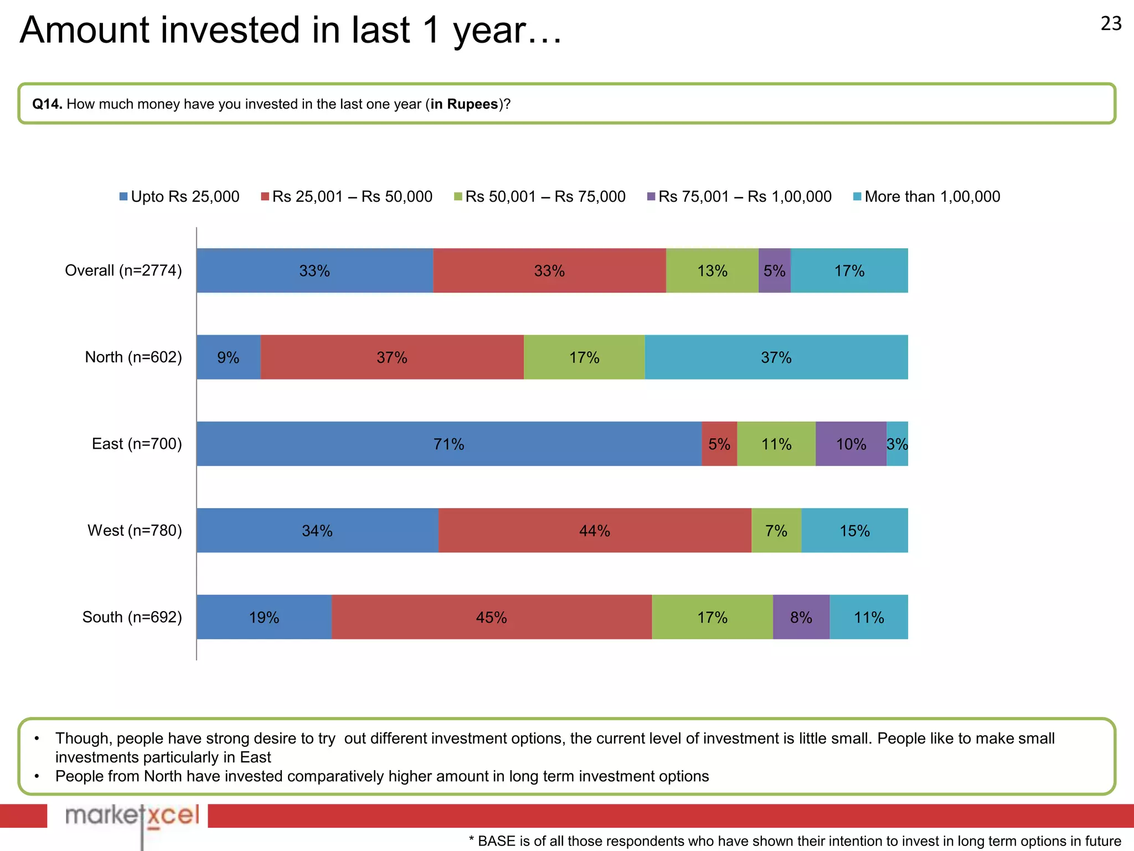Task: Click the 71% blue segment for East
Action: pos(449,444)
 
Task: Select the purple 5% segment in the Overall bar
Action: pos(774,270)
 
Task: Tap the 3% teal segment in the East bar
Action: pos(897,444)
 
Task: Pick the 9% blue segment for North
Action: pos(228,357)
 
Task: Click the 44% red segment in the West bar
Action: pos(594,531)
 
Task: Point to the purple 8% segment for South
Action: pos(801,617)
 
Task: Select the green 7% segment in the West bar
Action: pos(776,531)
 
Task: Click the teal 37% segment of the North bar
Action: pos(776,357)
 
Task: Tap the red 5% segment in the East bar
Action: pos(719,444)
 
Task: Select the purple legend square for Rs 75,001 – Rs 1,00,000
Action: pos(651,197)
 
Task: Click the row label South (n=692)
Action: pos(132,617)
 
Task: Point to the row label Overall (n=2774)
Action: pos(123,270)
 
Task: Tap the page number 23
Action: pos(1111,24)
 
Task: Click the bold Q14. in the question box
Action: pos(47,104)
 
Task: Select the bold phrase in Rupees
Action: pos(464,104)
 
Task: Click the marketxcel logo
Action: pos(132,816)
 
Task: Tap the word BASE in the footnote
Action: pos(496,841)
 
